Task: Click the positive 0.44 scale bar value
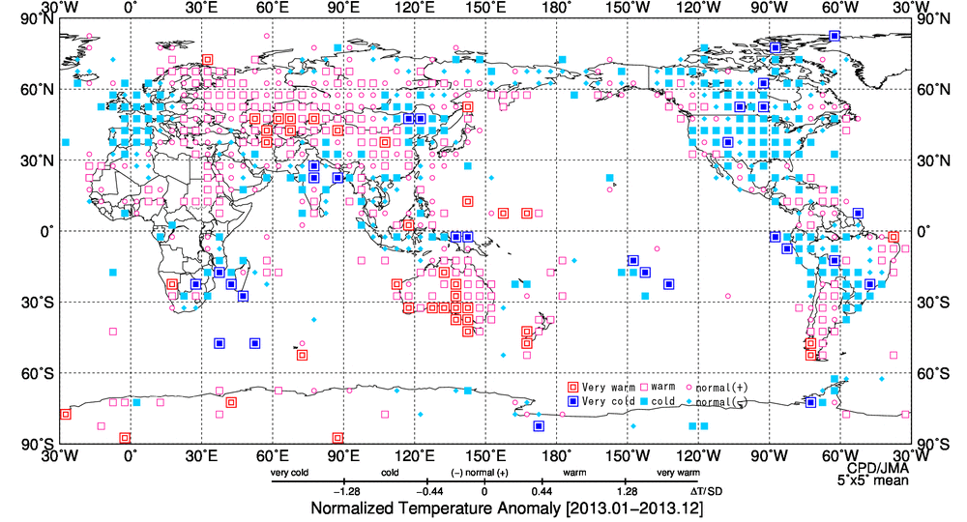(541, 490)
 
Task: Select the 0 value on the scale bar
(483, 490)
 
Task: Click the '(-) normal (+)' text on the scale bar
(480, 474)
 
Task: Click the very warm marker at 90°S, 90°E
(337, 438)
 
